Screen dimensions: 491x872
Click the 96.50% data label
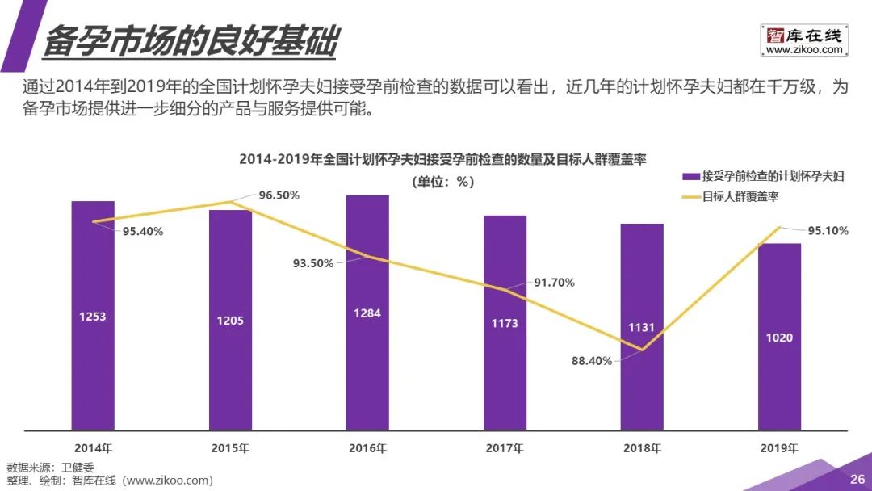[279, 195]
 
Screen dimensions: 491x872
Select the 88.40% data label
[592, 361]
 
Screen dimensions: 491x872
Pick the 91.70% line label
[555, 283]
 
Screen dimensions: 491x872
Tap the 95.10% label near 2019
[828, 231]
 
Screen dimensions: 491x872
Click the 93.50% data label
[312, 263]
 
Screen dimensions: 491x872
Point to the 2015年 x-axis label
[230, 447]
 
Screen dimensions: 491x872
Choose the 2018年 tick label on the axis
[642, 447]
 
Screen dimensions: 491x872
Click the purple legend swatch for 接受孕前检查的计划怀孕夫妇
[691, 176]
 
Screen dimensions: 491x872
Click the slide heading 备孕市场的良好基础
[189, 41]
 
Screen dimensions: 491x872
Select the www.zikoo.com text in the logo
[803, 50]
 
